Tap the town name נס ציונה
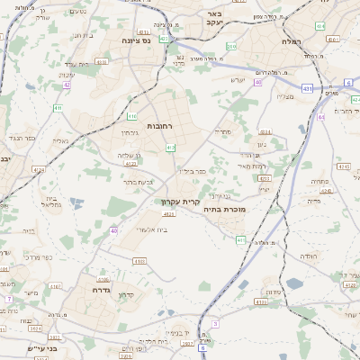click(x=141, y=40)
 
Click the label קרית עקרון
click(x=179, y=202)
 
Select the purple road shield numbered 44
click(x=320, y=117)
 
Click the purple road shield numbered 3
click(x=215, y=323)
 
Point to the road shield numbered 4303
click(x=130, y=163)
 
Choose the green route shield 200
click(x=231, y=46)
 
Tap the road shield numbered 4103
click(x=139, y=261)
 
